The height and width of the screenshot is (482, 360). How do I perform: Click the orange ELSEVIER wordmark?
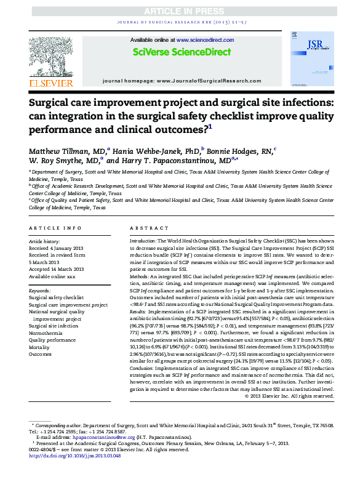pos(51,82)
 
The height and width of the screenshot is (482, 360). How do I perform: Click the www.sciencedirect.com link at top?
pos(198,39)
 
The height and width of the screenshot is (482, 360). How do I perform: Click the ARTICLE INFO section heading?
pos(55,228)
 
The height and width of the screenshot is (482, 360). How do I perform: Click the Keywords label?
pos(39,290)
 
